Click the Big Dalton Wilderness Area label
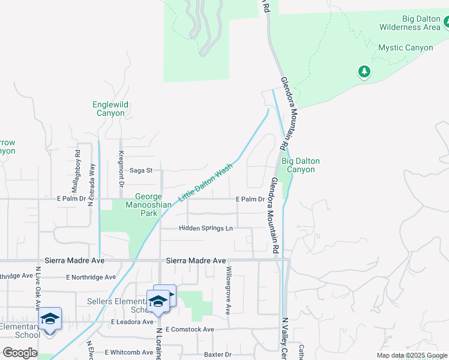(x=409, y=23)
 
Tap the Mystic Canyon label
(x=405, y=47)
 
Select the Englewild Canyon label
(x=110, y=109)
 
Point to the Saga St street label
(x=142, y=170)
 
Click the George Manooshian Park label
(x=153, y=205)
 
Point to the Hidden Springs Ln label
(x=205, y=229)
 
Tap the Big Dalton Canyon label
(x=301, y=165)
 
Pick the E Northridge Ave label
(x=91, y=277)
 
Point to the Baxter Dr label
(x=217, y=355)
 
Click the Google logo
(x=19, y=353)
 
